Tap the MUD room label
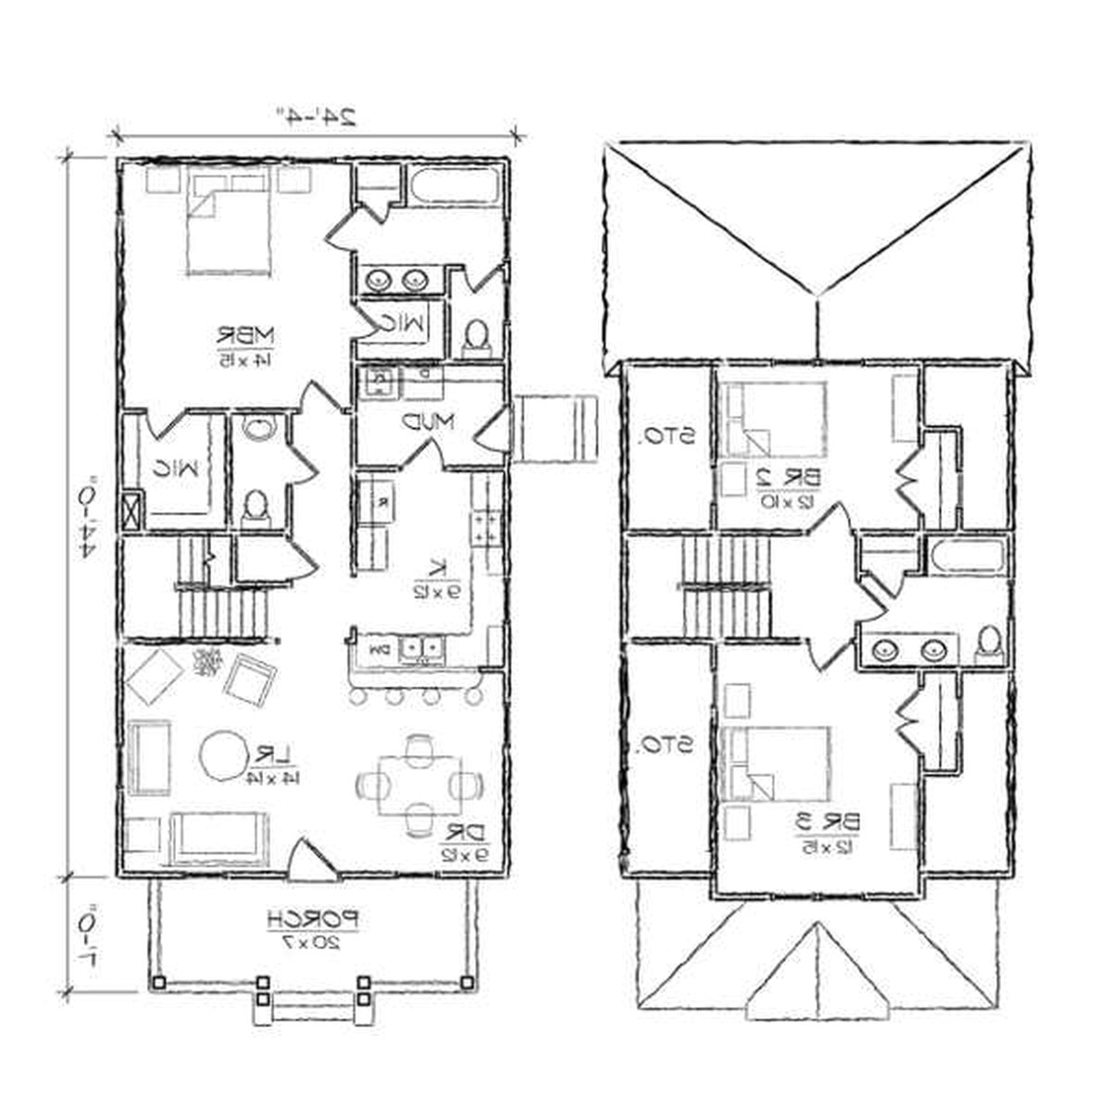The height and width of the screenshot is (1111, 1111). pos(428,422)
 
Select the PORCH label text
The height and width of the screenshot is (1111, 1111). pos(312,919)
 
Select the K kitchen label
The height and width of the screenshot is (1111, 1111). pos(438,567)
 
